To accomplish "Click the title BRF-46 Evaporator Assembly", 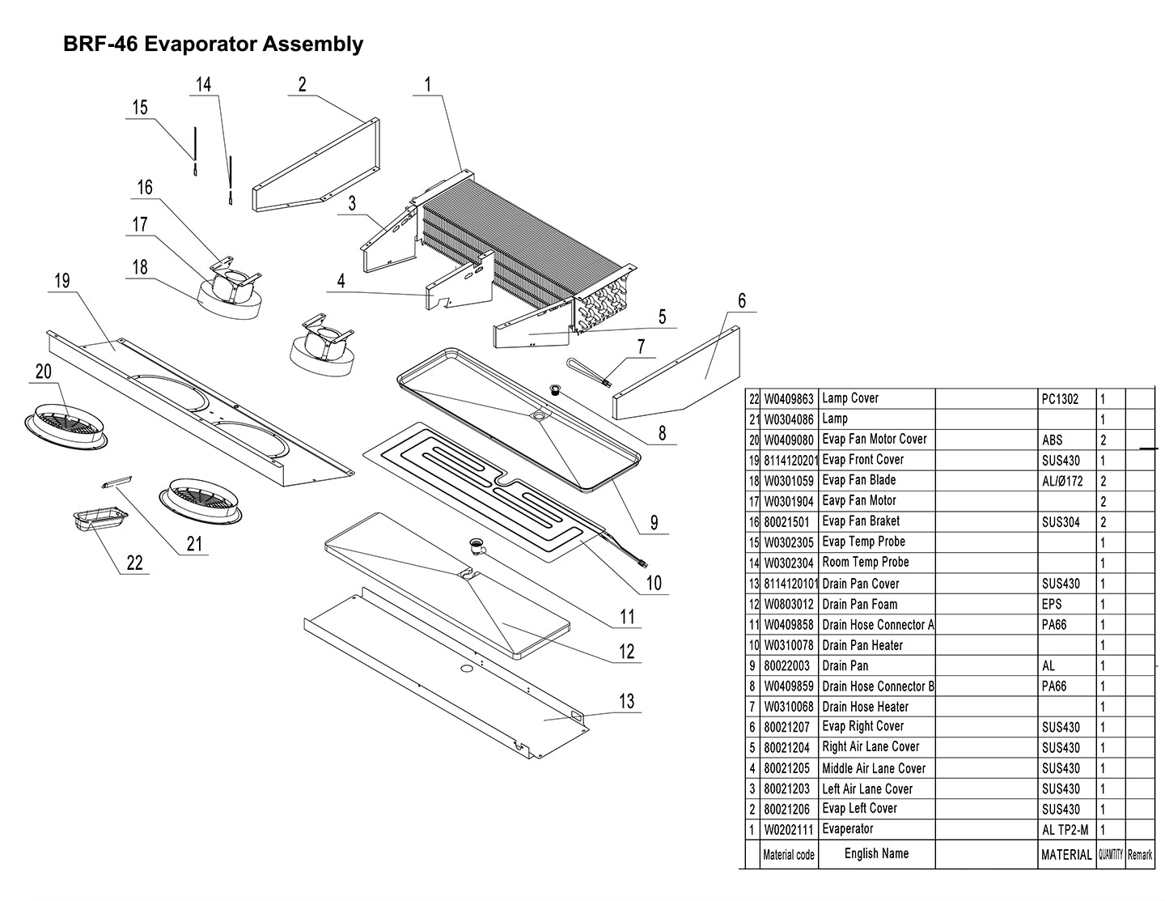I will (213, 45).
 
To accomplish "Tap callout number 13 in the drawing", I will (626, 701).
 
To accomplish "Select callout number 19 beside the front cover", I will (61, 282).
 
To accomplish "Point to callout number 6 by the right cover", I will (742, 300).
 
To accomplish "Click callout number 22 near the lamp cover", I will (134, 563).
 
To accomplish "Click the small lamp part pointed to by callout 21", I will (116, 482).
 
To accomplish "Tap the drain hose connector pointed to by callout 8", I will (556, 391).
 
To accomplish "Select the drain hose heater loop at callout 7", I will (591, 369).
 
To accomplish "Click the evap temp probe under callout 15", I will (195, 150).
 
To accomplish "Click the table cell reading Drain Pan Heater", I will (862, 646).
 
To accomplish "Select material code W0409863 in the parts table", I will (789, 398).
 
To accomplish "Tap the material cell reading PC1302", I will (1060, 399).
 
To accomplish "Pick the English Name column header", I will (876, 853).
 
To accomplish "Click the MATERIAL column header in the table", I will (1066, 854).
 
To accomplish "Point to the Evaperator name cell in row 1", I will (848, 829).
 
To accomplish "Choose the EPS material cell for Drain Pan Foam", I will (1052, 605).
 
